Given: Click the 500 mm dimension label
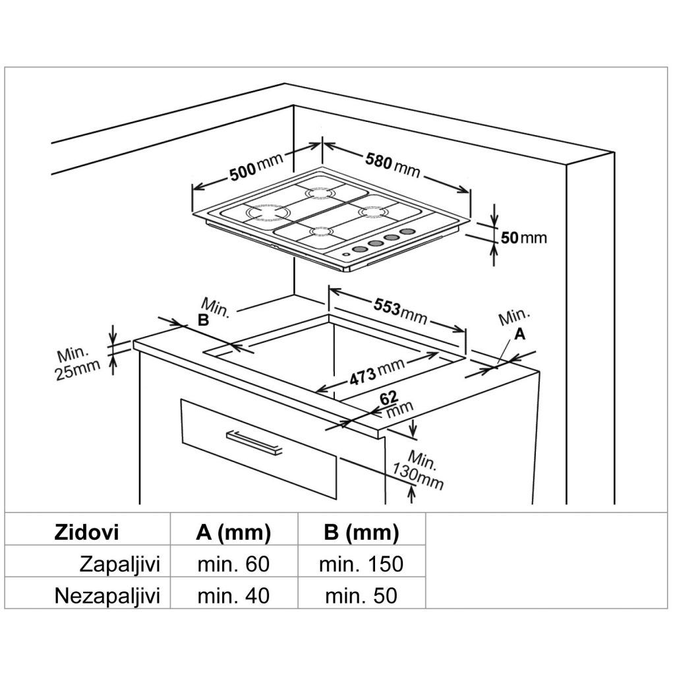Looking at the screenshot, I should pos(256,169).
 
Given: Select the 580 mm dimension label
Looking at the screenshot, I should pos(393,164).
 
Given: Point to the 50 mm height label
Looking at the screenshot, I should pos(523,237).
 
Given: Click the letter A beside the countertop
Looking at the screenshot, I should pos(519,335).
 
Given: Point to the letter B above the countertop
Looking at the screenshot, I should pos(203,321).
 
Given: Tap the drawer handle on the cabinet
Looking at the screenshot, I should pos(253,442).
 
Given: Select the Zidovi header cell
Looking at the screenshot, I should pos(86,533).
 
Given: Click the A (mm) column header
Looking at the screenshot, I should pos(233,533).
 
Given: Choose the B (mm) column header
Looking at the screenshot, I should pos(361,533).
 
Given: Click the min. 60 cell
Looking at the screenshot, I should pos(233,564).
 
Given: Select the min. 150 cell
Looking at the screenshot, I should pos(361,564).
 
